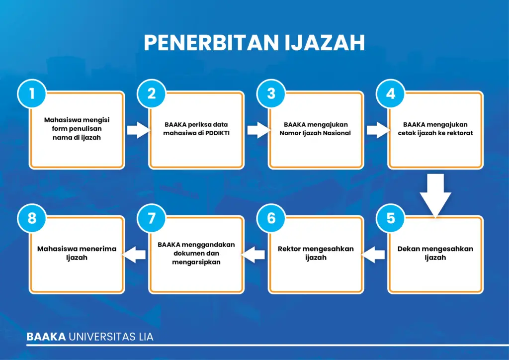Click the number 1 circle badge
click(32, 93)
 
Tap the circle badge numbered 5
click(391, 218)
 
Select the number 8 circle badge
click(32, 218)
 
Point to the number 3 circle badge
click(271, 93)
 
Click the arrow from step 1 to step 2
click(139, 130)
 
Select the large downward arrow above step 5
click(435, 195)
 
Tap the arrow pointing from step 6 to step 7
click(253, 255)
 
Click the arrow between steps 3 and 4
click(378, 130)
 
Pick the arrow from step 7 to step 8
click(134, 255)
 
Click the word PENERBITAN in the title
click(211, 43)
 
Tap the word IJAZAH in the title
click(325, 43)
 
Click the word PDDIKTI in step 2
click(217, 133)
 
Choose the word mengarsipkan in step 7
click(196, 262)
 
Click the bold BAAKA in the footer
click(46, 337)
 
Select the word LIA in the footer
click(146, 337)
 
